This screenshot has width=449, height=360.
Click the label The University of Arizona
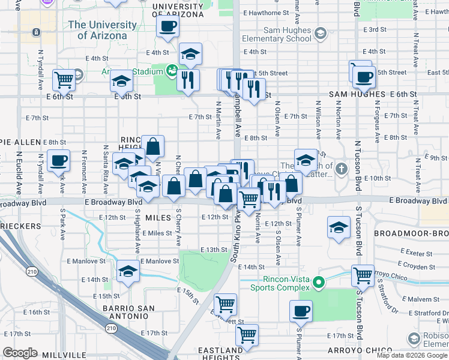click(97, 30)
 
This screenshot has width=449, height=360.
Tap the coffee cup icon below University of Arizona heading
click(167, 26)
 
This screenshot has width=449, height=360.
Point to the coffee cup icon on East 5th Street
click(364, 77)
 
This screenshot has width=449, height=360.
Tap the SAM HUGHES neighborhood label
click(357, 94)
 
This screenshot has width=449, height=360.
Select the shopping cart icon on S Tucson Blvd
click(363, 276)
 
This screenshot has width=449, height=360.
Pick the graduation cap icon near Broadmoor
click(339, 228)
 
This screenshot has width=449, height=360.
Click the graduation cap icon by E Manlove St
click(128, 272)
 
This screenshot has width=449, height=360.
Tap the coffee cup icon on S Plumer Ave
click(301, 311)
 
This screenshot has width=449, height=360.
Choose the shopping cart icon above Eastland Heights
click(247, 335)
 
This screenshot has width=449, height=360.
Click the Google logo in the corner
click(20, 353)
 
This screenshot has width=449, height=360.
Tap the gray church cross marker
click(342, 167)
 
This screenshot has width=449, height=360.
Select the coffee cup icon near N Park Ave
click(58, 160)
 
